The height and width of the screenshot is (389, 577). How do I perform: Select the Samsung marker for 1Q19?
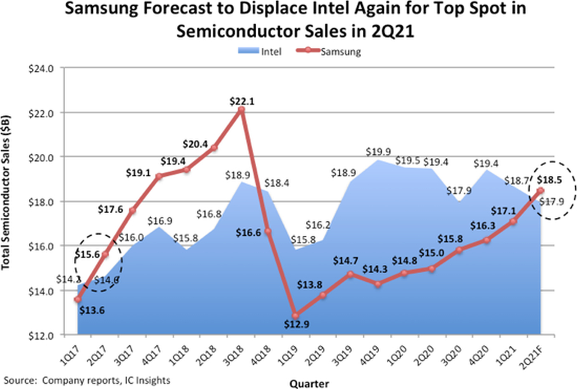296,315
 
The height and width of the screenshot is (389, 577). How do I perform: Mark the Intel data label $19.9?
378,151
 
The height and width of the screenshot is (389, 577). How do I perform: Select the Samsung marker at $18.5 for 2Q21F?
541,190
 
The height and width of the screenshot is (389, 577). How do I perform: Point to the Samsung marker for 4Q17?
160,176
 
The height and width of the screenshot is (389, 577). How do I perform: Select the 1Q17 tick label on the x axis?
70,352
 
